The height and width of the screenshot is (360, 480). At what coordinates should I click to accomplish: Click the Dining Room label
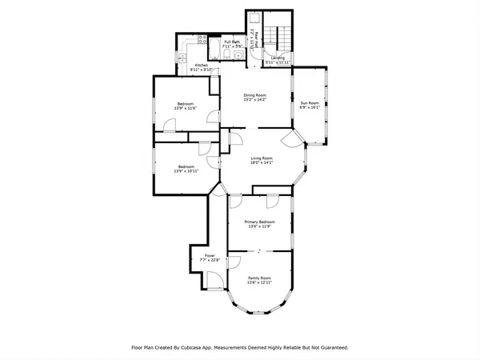[254, 96]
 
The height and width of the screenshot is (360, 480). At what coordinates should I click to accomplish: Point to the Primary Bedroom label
[259, 222]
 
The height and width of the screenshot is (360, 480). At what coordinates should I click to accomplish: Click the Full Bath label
[232, 41]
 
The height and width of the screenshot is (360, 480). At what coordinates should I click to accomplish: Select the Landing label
[278, 58]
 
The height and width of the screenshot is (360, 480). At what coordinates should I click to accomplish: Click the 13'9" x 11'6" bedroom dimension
[185, 108]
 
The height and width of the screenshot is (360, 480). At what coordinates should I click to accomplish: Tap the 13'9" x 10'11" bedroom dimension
[185, 171]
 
